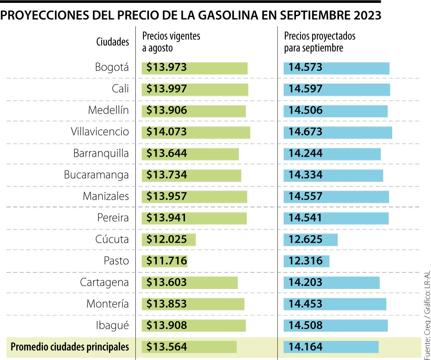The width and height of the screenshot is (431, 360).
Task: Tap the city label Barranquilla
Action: pyautogui.click(x=101, y=153)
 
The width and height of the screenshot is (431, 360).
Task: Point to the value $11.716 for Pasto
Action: pyautogui.click(x=167, y=261)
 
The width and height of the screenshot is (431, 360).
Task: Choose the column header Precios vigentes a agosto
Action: pyautogui.click(x=171, y=42)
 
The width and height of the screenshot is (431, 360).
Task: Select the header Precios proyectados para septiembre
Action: pyautogui.click(x=320, y=42)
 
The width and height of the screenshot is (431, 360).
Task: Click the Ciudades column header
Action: pyautogui.click(x=112, y=42)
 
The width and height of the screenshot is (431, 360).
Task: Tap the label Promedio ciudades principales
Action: pyautogui.click(x=70, y=347)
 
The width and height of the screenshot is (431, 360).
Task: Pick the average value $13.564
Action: pyautogui.click(x=167, y=347)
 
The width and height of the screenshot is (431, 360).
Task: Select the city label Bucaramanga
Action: pyautogui.click(x=96, y=175)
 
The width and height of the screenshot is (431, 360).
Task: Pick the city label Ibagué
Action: pyautogui.click(x=112, y=326)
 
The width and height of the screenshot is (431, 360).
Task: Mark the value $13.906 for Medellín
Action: pyautogui.click(x=167, y=111)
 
